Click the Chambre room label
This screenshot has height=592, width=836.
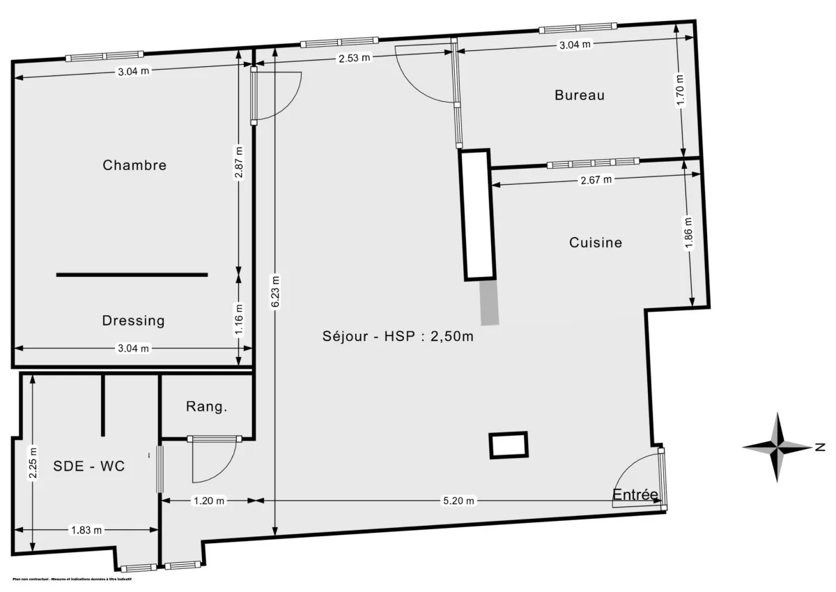(x=134, y=165)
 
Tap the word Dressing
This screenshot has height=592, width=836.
(x=133, y=321)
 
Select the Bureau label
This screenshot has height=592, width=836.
(x=580, y=95)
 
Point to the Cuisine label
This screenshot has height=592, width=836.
(x=596, y=243)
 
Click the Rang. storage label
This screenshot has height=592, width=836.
(x=206, y=407)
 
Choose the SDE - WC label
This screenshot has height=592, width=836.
(x=89, y=466)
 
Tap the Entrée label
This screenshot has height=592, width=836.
(x=635, y=495)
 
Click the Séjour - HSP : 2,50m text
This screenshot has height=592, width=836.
(x=398, y=336)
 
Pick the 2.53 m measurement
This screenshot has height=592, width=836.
(x=354, y=59)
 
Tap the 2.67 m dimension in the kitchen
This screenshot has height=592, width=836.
(x=596, y=180)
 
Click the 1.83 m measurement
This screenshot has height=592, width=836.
(x=86, y=530)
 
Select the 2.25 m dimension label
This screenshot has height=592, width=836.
(x=31, y=463)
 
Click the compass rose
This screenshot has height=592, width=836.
(x=778, y=447)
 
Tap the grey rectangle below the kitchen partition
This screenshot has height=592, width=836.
(x=490, y=302)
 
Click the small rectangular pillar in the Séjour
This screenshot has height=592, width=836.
(x=509, y=445)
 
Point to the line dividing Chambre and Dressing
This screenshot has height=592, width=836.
(x=132, y=275)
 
